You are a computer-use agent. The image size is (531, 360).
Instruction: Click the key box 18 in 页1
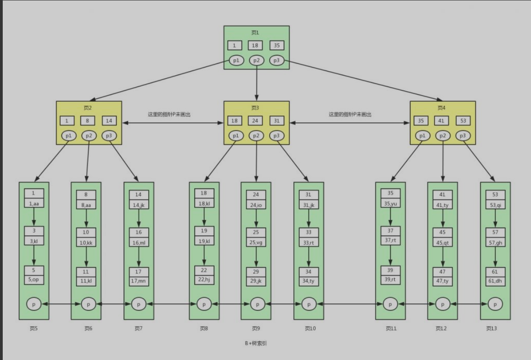click(255, 46)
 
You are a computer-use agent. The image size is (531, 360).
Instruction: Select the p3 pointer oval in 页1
click(276, 60)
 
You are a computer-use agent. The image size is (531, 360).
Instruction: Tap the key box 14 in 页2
click(109, 121)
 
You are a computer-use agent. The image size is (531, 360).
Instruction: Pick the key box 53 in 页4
click(463, 121)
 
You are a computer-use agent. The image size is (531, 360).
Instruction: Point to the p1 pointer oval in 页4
click(422, 136)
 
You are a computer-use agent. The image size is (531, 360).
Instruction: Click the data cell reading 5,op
click(34, 280)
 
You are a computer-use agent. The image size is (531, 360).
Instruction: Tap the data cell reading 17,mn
click(139, 281)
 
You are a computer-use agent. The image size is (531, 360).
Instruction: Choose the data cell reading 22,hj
click(204, 280)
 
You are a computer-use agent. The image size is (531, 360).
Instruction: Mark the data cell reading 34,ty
click(309, 281)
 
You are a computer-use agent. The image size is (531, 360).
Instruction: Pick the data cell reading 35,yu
click(390, 203)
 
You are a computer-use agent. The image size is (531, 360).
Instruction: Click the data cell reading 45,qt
click(442, 243)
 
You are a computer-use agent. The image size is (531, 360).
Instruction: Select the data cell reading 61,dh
click(495, 281)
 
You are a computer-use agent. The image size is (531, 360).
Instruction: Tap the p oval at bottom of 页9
click(257, 303)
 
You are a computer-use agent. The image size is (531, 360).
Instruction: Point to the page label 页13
click(491, 328)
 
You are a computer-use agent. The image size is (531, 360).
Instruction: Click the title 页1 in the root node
click(255, 32)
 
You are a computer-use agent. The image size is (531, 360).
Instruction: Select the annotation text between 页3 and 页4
click(350, 115)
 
